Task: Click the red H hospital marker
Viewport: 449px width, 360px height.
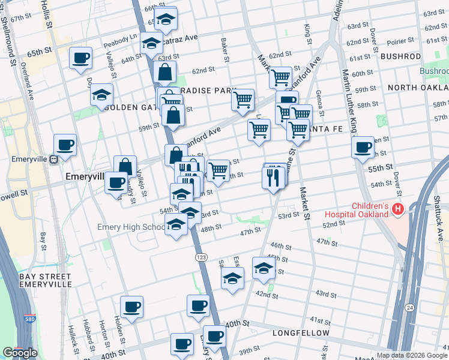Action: click(x=397, y=209)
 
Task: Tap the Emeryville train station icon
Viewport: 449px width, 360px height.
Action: click(x=53, y=160)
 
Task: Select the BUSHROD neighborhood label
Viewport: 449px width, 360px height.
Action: click(x=400, y=56)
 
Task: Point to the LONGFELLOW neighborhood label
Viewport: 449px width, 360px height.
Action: click(x=301, y=332)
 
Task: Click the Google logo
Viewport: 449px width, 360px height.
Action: click(x=19, y=353)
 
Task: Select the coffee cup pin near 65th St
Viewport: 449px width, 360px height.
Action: click(x=80, y=59)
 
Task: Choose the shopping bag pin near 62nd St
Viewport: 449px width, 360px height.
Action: click(x=164, y=73)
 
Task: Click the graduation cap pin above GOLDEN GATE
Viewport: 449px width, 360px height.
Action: click(x=102, y=95)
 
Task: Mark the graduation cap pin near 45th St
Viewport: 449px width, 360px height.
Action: click(x=263, y=268)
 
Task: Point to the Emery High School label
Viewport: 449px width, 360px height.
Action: click(x=130, y=227)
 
